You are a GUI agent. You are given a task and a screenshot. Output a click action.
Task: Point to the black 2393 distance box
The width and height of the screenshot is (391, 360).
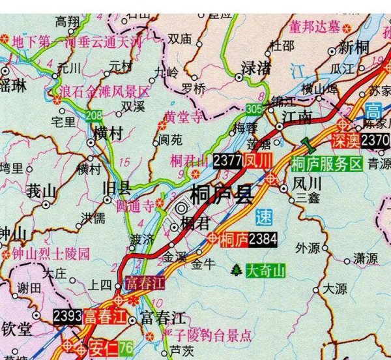67,316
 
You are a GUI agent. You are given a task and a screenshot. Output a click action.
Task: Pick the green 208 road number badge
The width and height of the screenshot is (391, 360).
93,117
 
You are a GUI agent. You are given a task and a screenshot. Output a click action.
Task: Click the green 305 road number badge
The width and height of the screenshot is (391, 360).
255,108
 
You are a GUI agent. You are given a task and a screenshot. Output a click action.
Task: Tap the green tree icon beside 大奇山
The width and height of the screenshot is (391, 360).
236,269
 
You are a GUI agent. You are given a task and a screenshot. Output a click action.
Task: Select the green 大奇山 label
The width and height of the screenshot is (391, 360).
265,270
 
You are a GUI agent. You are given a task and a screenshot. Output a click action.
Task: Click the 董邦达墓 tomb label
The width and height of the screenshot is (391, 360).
315,27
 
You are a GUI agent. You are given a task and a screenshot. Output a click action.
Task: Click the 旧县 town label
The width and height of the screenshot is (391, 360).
117,188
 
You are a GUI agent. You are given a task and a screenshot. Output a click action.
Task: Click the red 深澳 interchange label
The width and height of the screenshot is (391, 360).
345,140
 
